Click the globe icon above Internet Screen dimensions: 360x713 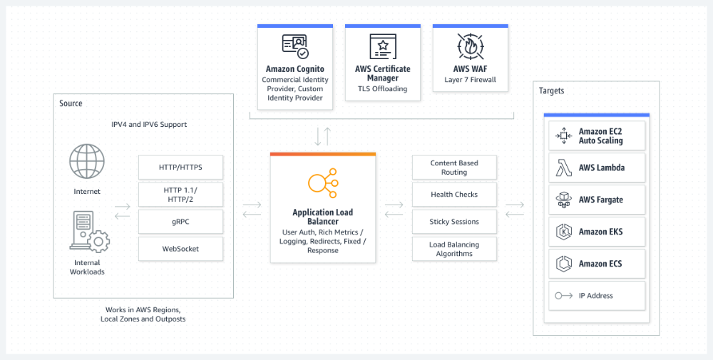pyautogui.click(x=87, y=162)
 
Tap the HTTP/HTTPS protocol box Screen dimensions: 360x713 pyautogui.click(x=180, y=168)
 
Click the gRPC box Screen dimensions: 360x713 pyautogui.click(x=180, y=222)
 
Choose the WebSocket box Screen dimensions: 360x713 pyautogui.click(x=180, y=249)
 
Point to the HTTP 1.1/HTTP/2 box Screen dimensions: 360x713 pyautogui.click(x=180, y=195)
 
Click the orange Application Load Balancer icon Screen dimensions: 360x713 pyautogui.click(x=322, y=184)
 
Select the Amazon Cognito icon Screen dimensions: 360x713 pyautogui.click(x=294, y=46)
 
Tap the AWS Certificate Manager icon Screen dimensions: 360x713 pyautogui.click(x=383, y=46)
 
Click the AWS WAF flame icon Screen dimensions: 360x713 pyautogui.click(x=470, y=46)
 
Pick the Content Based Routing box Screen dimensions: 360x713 pyautogui.click(x=454, y=168)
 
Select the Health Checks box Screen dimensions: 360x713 pyautogui.click(x=454, y=195)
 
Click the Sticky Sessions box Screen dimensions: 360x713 pyautogui.click(x=454, y=222)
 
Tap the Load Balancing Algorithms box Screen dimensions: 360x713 pyautogui.click(x=454, y=249)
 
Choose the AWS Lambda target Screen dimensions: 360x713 pyautogui.click(x=597, y=168)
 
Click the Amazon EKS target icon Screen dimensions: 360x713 pyautogui.click(x=563, y=232)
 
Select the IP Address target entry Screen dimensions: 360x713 pyautogui.click(x=597, y=296)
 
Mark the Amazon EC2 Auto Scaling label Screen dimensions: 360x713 pyautogui.click(x=600, y=136)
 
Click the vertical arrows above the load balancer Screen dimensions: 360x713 pyautogui.click(x=322, y=135)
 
